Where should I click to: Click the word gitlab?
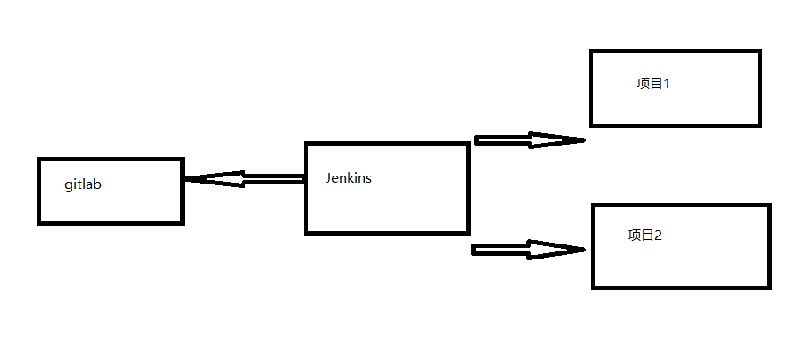click(x=82, y=186)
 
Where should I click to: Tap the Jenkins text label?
click(x=348, y=177)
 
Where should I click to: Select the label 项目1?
click(x=653, y=84)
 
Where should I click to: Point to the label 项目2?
click(x=644, y=236)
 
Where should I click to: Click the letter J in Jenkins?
click(x=328, y=177)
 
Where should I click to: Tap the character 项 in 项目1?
click(x=642, y=84)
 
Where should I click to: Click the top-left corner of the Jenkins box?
click(x=306, y=144)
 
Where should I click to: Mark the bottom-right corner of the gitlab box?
click(x=181, y=222)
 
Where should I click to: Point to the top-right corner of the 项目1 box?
click(x=758, y=51)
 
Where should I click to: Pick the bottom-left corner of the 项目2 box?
click(x=592, y=287)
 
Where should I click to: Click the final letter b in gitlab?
click(x=97, y=186)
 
